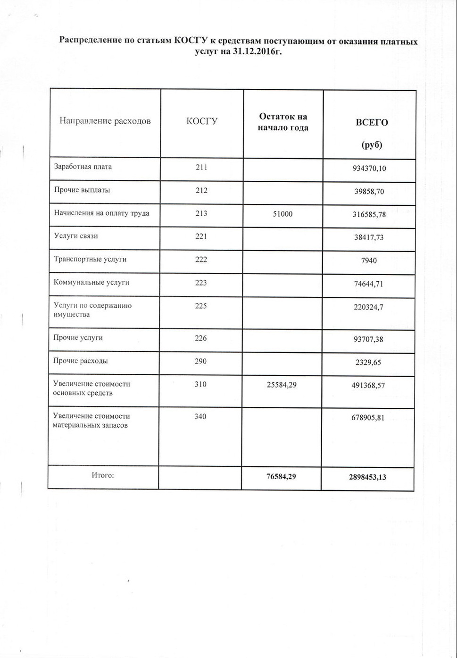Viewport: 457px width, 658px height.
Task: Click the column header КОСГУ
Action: click(202, 121)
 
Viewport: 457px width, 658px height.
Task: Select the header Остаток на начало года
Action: click(283, 122)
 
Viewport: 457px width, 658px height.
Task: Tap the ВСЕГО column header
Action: click(372, 123)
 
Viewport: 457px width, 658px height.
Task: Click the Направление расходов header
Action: click(105, 121)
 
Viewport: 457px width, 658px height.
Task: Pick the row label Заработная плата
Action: click(83, 167)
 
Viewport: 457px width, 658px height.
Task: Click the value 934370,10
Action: click(369, 168)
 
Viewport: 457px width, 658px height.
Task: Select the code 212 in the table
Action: click(201, 190)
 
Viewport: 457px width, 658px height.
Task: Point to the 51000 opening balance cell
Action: click(283, 214)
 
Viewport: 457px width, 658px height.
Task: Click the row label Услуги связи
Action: click(76, 236)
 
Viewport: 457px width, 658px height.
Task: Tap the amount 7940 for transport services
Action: click(369, 261)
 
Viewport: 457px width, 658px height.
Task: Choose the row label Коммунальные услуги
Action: click(85, 282)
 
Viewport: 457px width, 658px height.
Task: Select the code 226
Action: click(201, 338)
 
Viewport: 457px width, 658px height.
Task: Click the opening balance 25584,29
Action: click(281, 385)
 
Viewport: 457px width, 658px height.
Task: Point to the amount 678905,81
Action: click(369, 417)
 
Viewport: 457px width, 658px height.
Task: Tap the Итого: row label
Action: click(103, 475)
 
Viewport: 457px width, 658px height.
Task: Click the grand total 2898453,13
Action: click(367, 477)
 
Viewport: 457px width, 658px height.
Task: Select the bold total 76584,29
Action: click(281, 476)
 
